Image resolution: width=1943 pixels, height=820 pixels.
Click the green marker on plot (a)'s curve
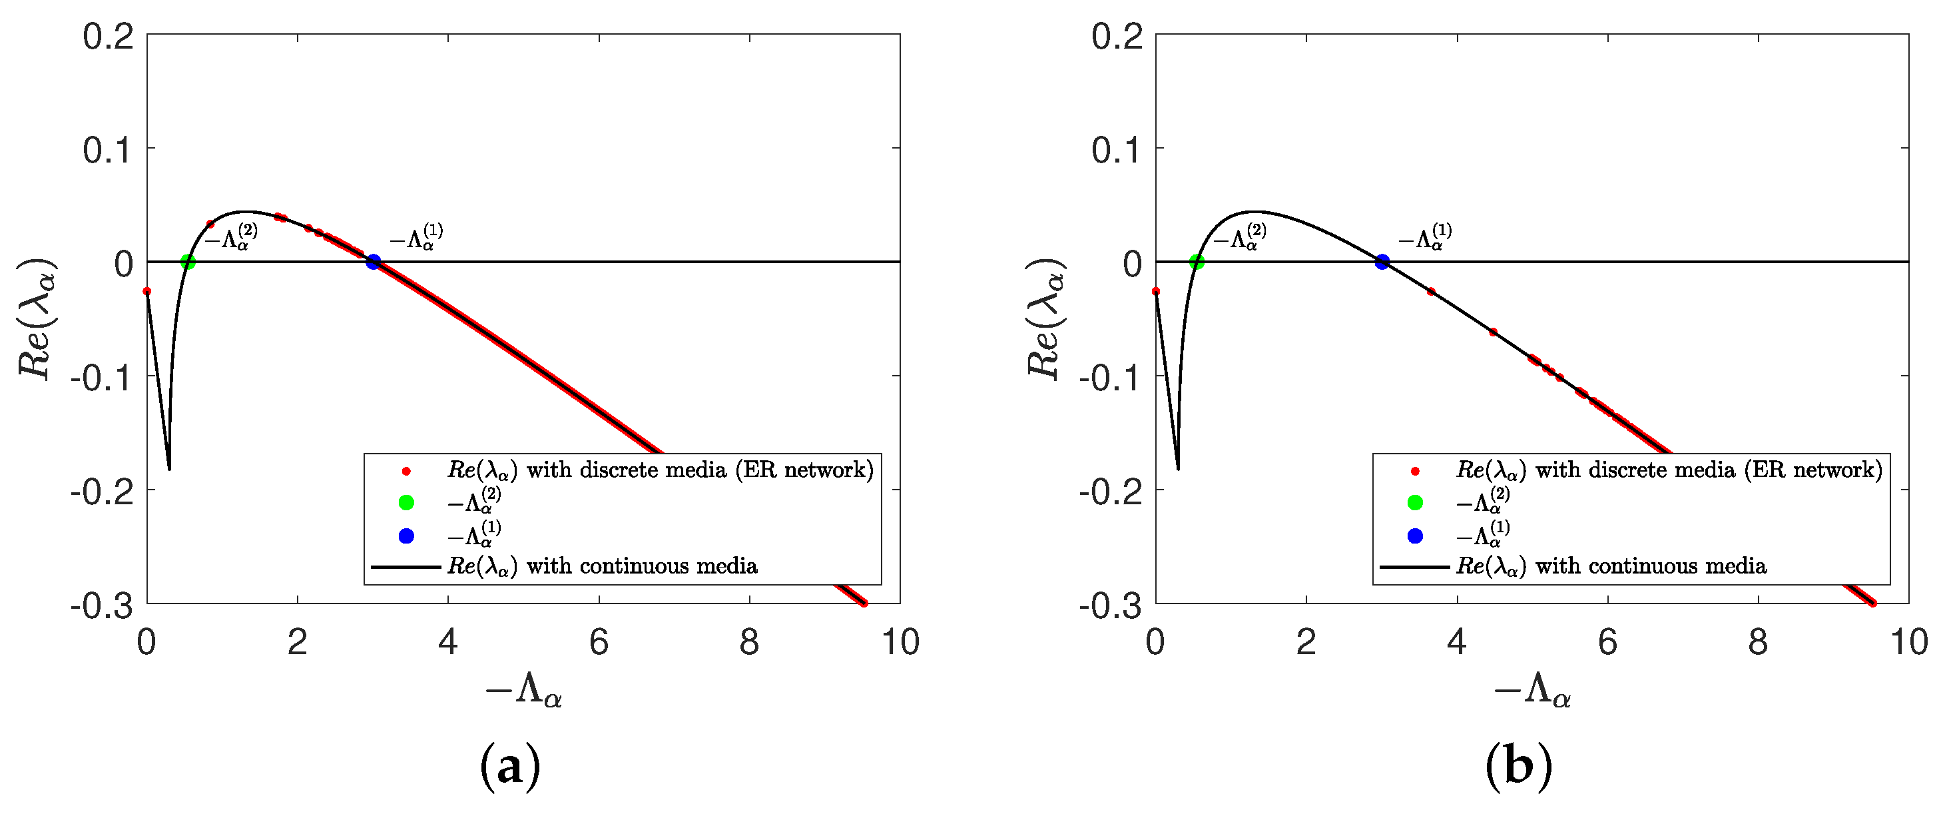pos(188,262)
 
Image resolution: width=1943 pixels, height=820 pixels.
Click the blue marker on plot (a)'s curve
pos(373,262)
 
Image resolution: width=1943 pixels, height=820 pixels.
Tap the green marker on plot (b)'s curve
pos(1197,262)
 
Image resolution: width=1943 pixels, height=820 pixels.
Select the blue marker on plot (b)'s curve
pos(1382,262)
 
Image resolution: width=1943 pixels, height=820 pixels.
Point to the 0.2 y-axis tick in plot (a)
pos(108,36)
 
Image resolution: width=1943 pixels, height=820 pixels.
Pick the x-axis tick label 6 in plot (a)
pos(599,643)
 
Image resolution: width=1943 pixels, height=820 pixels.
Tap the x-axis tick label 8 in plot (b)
pos(1758,643)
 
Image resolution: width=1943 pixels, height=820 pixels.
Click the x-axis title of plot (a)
pos(523,689)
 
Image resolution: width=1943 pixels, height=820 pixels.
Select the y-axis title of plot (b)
pos(1045,318)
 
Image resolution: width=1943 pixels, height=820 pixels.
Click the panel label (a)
pos(510,767)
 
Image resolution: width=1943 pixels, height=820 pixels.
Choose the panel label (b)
pos(1518,767)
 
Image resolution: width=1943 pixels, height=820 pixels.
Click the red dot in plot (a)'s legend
pos(406,472)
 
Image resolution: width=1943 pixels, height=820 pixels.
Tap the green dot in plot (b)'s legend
pos(1415,502)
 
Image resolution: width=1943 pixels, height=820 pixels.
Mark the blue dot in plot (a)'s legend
pos(406,536)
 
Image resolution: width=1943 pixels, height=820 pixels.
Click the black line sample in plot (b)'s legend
pos(1414,566)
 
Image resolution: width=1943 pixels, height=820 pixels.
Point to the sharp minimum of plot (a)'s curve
pos(169,468)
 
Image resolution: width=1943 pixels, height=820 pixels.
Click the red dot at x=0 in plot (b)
pos(1155,291)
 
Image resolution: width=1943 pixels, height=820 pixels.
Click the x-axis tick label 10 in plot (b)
pos(1908,643)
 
